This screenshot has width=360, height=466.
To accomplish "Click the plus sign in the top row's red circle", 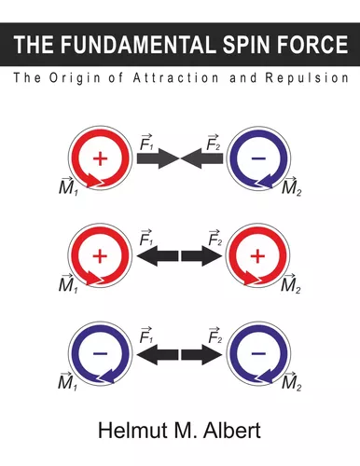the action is (x=101, y=160).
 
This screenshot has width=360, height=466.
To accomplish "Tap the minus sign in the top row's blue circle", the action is (x=258, y=160).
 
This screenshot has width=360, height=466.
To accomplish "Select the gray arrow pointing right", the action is (x=154, y=159).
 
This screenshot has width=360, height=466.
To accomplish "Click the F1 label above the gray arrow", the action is (x=146, y=141).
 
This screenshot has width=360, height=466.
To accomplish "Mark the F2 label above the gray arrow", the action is (x=215, y=141).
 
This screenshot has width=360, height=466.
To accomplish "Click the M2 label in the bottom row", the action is (x=291, y=382).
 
